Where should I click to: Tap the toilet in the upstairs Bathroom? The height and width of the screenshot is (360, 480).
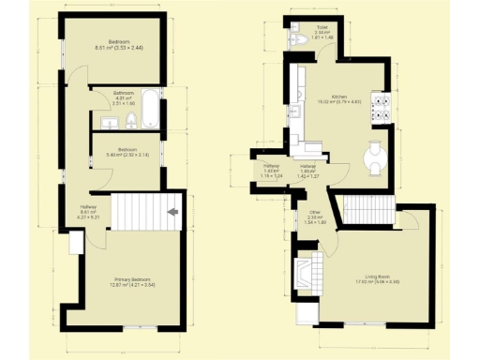coord(132,117)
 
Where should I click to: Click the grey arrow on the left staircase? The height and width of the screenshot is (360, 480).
coord(172,213)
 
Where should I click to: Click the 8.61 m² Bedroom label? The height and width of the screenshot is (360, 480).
coord(118,44)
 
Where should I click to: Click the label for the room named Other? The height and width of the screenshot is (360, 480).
coord(315,218)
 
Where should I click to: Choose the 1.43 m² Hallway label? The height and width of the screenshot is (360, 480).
coord(272,170)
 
